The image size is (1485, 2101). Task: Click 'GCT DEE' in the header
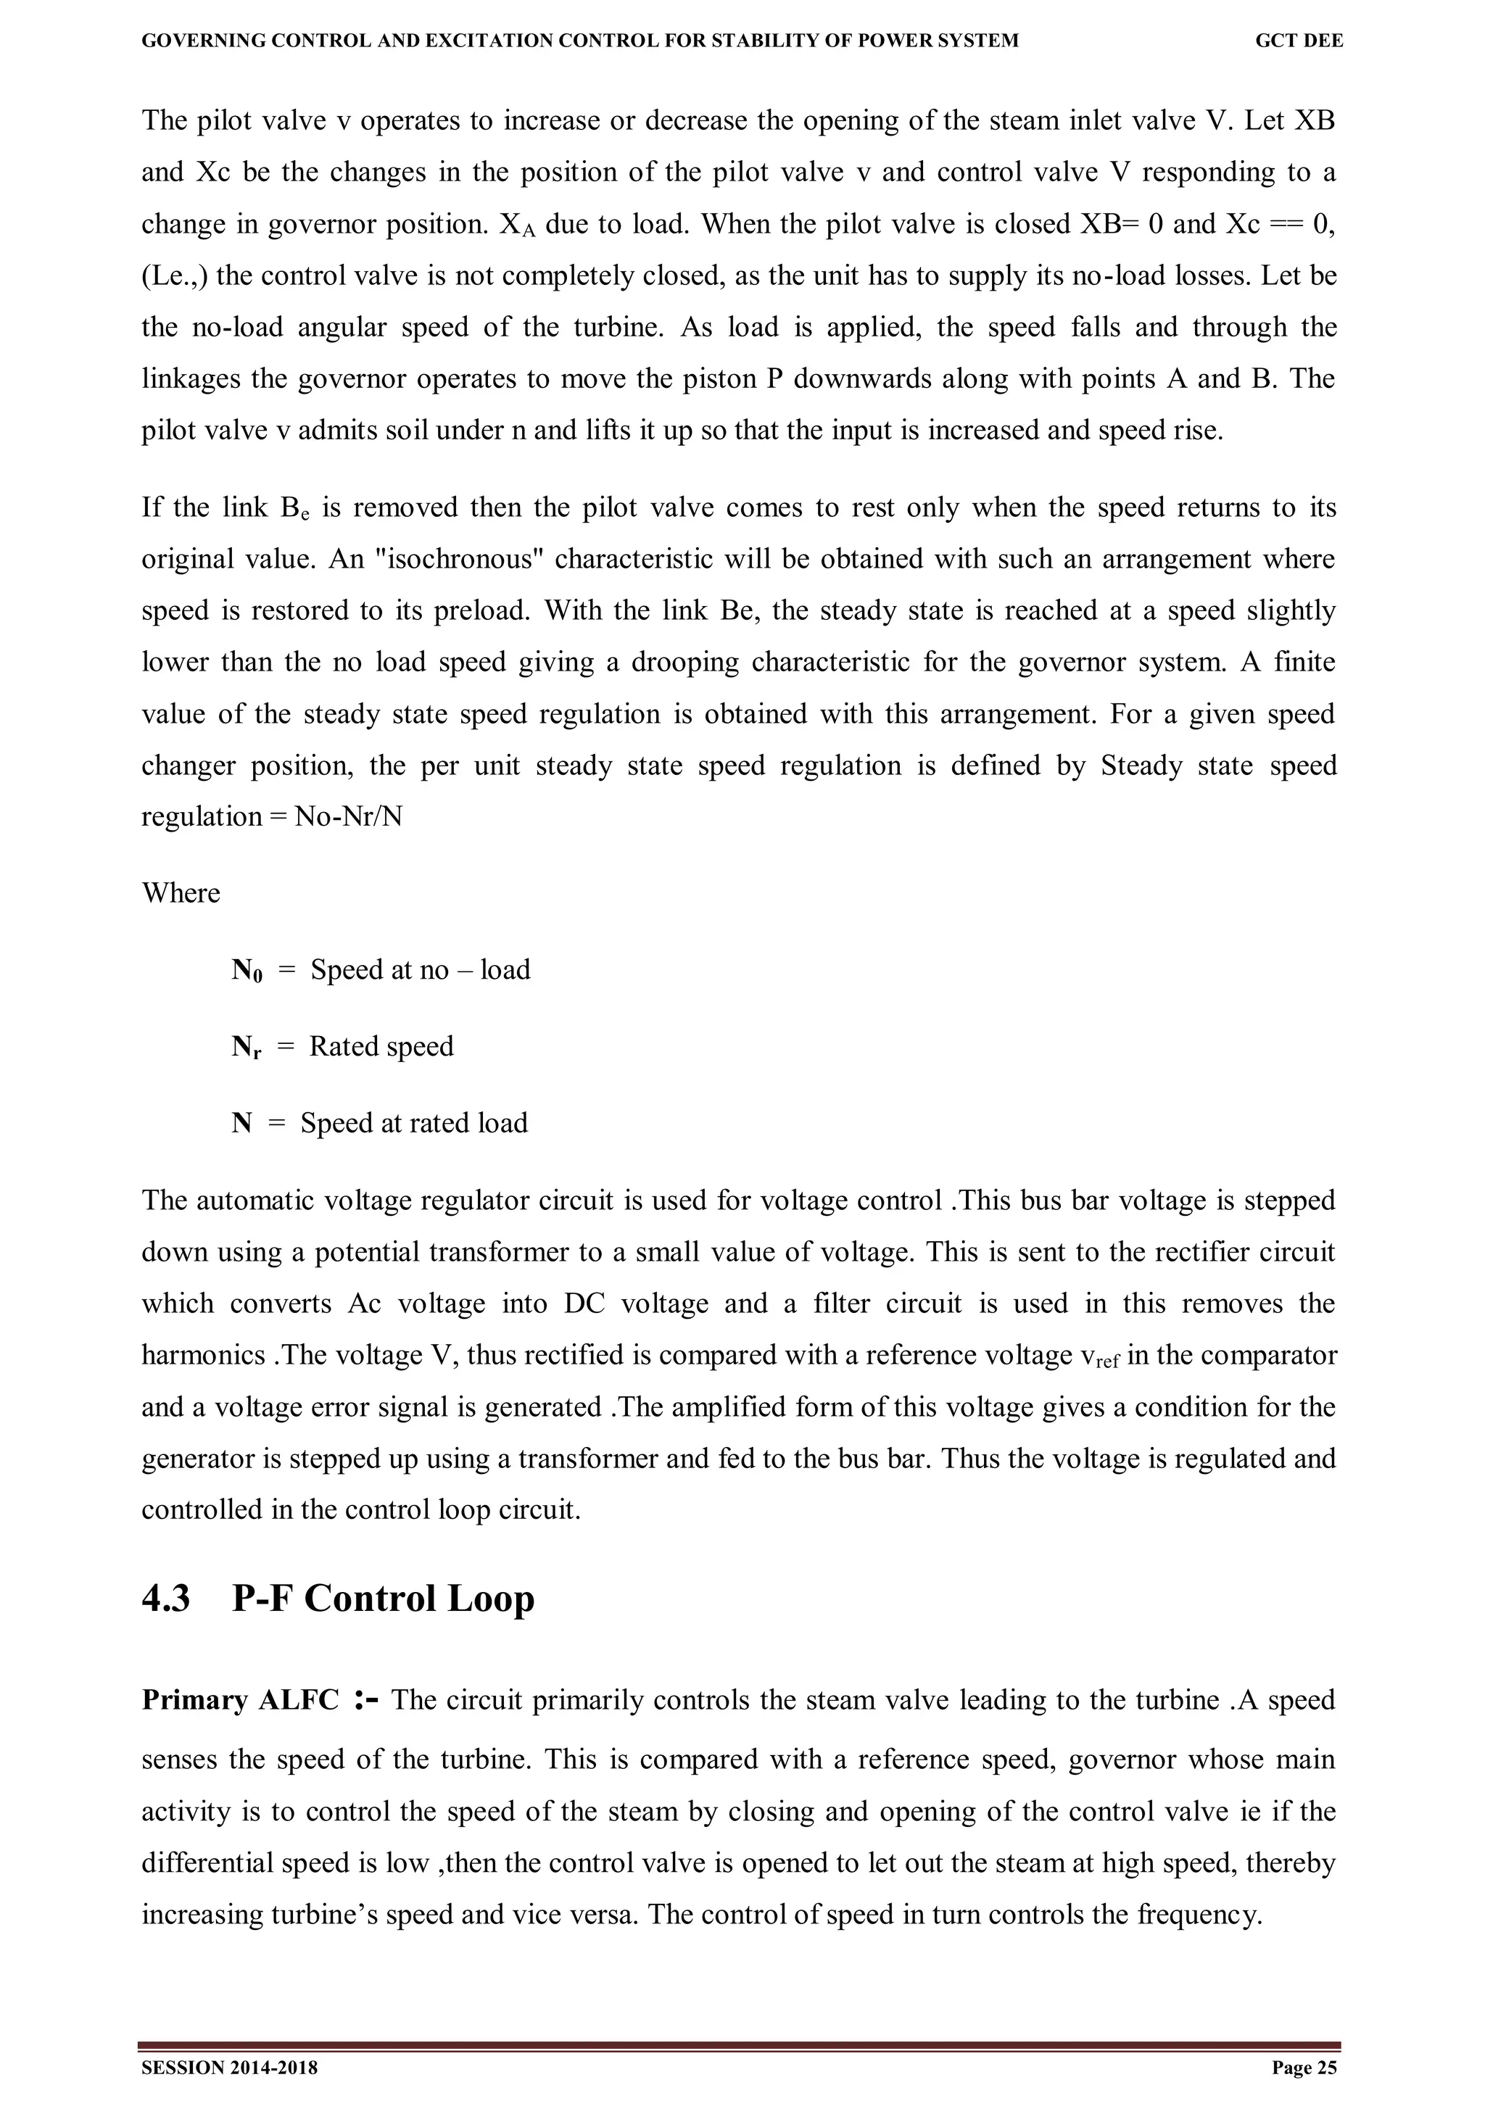(1299, 41)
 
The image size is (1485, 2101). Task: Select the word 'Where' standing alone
(181, 893)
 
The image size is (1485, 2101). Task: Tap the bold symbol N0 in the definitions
(246, 971)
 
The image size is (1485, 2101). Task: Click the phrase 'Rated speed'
(381, 1047)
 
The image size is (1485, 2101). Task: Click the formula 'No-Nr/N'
(348, 817)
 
